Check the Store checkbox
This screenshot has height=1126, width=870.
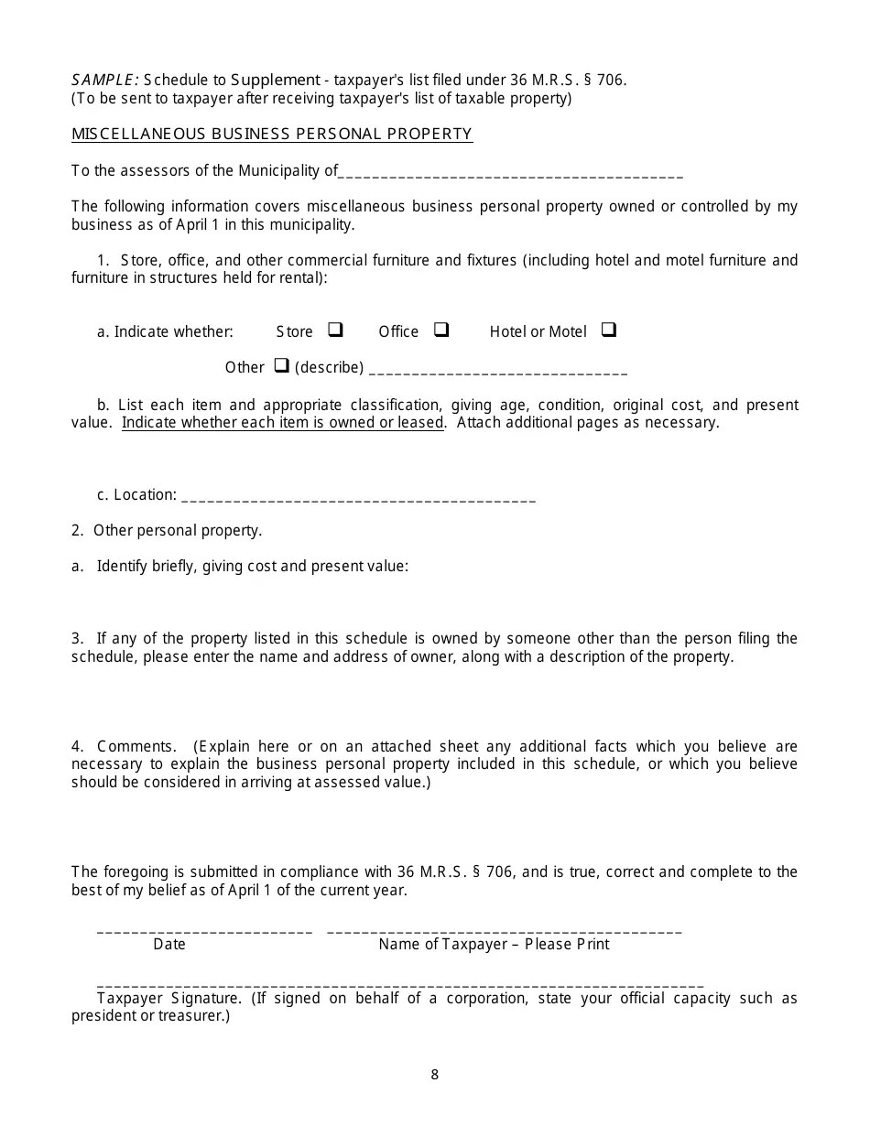(335, 330)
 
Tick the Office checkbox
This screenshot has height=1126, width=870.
(441, 330)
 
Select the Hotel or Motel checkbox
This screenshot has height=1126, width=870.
(609, 330)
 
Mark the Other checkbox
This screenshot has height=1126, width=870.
(282, 365)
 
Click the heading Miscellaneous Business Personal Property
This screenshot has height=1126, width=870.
(272, 134)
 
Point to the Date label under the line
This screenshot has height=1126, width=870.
(169, 944)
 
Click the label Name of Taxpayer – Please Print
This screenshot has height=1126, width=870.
(494, 944)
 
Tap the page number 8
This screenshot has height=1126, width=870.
(435, 1075)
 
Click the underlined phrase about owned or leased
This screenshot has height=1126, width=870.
(283, 422)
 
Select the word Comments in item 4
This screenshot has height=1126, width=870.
(136, 746)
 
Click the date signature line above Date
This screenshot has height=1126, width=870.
(204, 930)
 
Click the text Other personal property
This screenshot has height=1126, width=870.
(178, 530)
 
